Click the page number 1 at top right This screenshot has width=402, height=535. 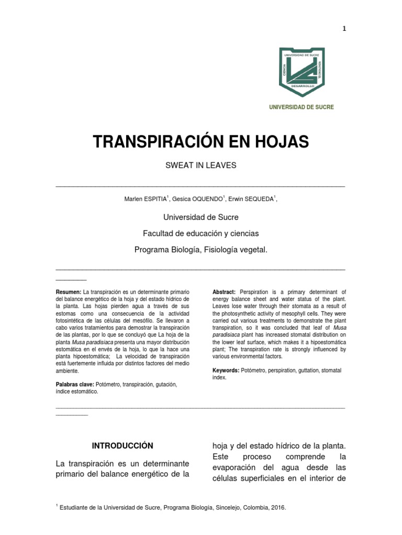pyautogui.click(x=344, y=29)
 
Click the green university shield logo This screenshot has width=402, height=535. pyautogui.click(x=301, y=72)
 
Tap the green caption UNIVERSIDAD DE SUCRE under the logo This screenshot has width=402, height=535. pyautogui.click(x=301, y=107)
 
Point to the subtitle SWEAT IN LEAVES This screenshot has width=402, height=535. pyautogui.click(x=201, y=166)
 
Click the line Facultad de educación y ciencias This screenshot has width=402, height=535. pyautogui.click(x=201, y=234)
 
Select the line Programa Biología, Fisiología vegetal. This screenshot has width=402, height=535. pyautogui.click(x=201, y=250)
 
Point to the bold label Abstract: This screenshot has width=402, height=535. pyautogui.click(x=224, y=292)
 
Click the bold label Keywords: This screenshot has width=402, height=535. pyautogui.click(x=226, y=370)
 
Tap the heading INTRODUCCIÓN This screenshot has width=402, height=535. pyautogui.click(x=122, y=446)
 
